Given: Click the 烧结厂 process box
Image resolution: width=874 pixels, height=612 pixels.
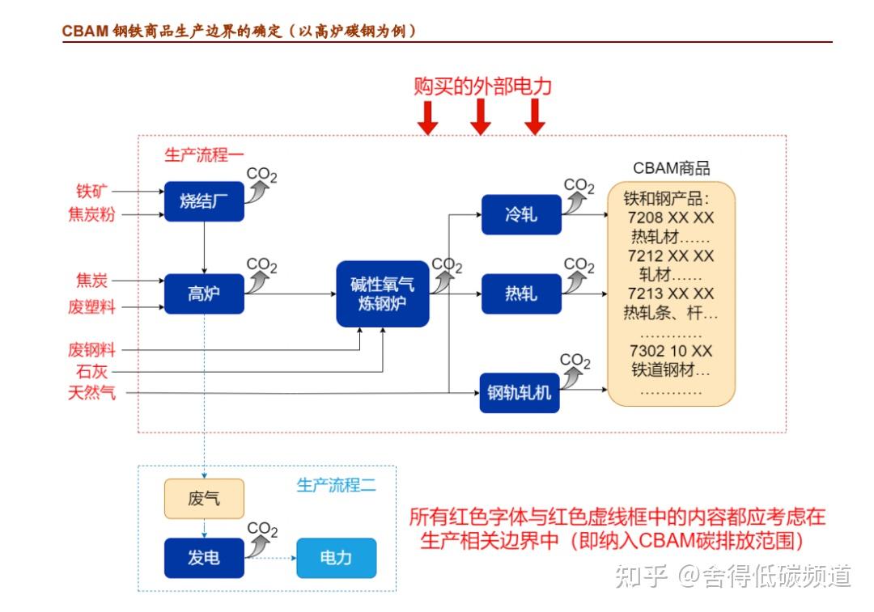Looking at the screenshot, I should [x=204, y=201].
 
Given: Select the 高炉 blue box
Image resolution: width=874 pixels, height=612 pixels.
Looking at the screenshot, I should [x=204, y=294].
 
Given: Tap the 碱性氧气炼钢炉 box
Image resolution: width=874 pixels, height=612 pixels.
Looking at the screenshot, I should [x=382, y=294].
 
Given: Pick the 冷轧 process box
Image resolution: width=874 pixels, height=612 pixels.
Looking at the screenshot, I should [x=521, y=215].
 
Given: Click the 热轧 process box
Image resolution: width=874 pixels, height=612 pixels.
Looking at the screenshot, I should [x=521, y=293].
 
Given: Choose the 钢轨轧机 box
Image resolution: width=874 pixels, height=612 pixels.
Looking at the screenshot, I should [x=520, y=393].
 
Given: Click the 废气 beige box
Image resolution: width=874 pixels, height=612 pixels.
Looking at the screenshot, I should [x=204, y=499].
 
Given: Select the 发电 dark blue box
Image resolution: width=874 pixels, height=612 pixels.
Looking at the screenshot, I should [x=204, y=558].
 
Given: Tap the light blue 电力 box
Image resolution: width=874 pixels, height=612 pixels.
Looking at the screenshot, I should [x=336, y=558].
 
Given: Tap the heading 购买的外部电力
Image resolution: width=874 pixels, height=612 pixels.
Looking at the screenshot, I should [x=482, y=87].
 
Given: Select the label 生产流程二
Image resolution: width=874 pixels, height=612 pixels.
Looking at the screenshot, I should [x=336, y=485].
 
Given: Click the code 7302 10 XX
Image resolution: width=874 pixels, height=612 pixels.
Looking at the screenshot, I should [x=671, y=352].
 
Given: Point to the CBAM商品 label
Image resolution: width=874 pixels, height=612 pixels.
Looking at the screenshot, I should [x=671, y=168].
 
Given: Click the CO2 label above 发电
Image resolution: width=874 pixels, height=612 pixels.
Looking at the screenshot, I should [x=262, y=530].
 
